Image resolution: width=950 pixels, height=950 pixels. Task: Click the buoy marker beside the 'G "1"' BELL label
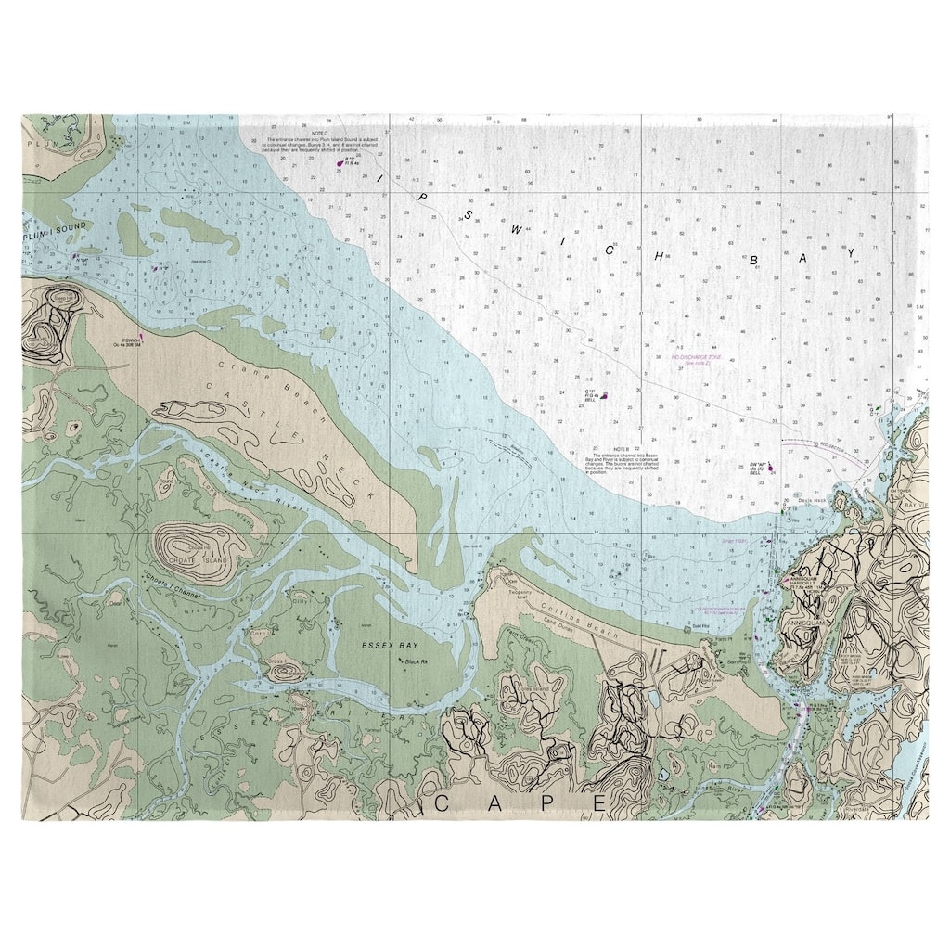point(605,396)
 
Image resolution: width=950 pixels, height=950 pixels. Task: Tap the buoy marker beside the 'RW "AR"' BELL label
point(769,469)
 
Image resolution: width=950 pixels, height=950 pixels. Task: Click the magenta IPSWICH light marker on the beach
point(141,338)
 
